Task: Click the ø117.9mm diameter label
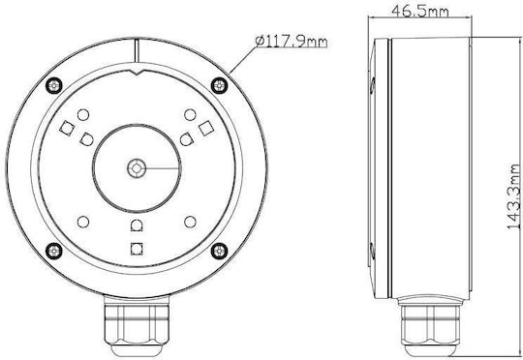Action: tap(292, 42)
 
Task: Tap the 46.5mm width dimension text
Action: tap(420, 11)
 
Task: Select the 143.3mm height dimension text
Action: tap(514, 197)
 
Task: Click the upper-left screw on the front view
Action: tap(53, 86)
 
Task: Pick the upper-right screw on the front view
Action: tap(220, 86)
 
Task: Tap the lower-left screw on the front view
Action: tap(53, 251)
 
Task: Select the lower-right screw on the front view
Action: tap(220, 251)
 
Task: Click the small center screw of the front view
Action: tap(137, 168)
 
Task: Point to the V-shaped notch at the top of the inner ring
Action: tap(137, 73)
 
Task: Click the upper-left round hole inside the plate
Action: tap(83, 115)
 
